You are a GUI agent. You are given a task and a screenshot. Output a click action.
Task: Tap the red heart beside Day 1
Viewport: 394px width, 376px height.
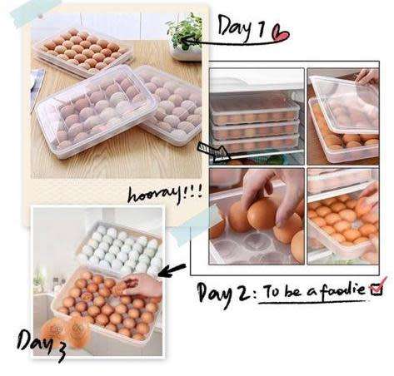click(280, 34)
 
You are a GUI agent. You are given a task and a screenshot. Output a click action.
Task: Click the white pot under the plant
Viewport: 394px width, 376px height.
click(186, 52)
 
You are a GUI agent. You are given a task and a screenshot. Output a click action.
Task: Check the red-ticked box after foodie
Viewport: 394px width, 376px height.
click(376, 289)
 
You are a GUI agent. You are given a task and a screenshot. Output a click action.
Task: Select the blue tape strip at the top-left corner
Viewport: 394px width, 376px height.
click(28, 11)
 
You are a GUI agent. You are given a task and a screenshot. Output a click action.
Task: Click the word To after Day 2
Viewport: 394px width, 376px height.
click(272, 292)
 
